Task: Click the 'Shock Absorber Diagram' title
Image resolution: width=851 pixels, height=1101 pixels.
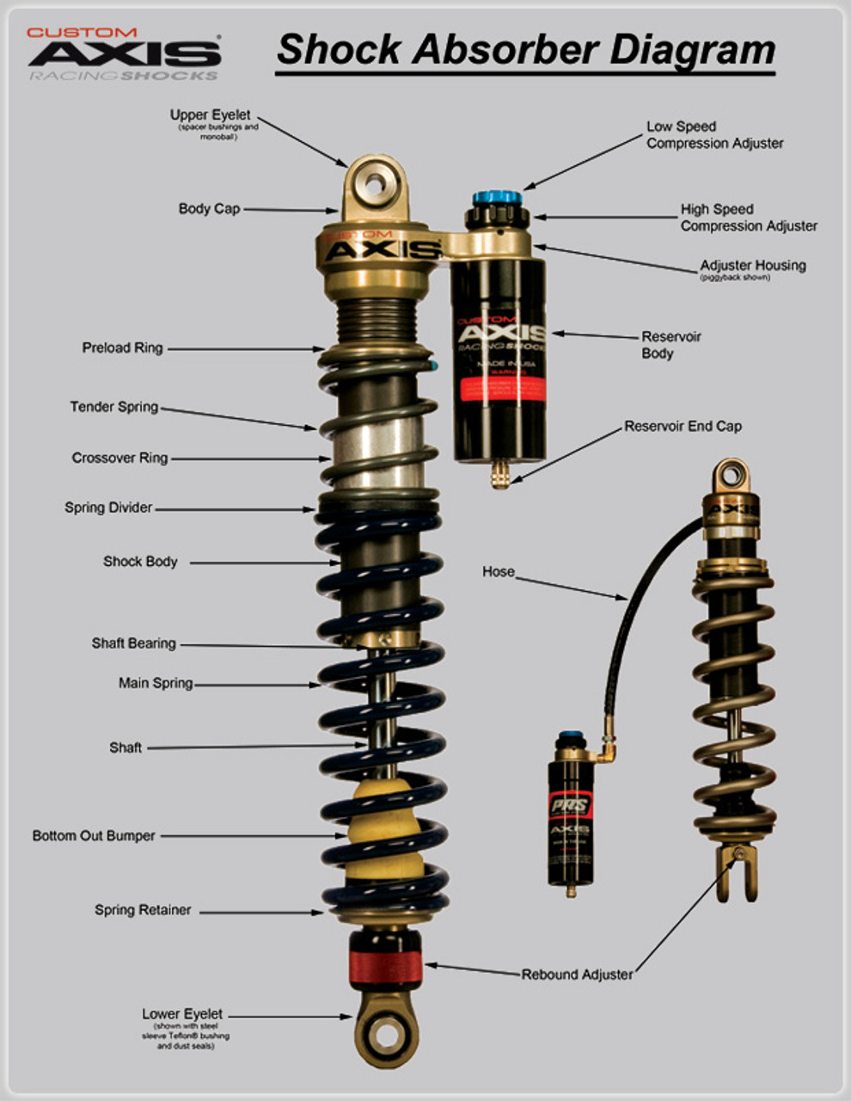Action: (x=525, y=50)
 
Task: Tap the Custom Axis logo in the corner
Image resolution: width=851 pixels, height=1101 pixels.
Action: (x=124, y=53)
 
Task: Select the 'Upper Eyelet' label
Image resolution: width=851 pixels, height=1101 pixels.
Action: (x=210, y=115)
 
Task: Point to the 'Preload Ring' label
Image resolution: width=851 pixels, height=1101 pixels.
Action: (x=122, y=348)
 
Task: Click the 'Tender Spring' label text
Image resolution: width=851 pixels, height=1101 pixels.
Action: (x=114, y=407)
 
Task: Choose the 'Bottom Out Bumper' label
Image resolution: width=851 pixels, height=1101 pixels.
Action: (x=94, y=836)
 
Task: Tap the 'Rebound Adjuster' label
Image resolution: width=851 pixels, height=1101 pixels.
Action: (x=577, y=975)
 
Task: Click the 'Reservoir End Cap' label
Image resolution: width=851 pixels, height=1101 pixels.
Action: (x=683, y=427)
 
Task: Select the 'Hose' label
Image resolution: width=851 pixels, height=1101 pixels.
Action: (x=499, y=572)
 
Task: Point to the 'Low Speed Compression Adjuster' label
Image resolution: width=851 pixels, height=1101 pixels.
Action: (x=714, y=135)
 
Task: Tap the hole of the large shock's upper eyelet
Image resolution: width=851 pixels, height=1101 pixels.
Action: (x=376, y=183)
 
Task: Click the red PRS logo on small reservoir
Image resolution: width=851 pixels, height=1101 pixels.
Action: (x=569, y=806)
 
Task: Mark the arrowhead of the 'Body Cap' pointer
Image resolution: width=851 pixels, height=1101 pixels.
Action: (x=336, y=210)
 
